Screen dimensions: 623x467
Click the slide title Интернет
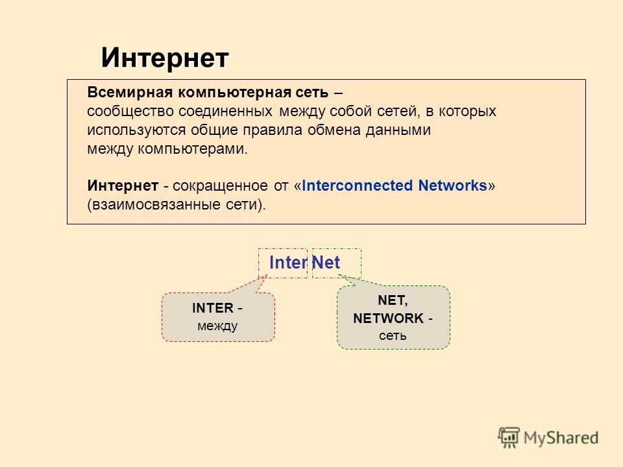165,58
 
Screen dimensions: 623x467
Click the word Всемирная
130,92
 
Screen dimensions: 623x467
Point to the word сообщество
130,111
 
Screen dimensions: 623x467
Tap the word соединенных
225,111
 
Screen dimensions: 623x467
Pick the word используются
136,130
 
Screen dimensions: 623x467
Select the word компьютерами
192,149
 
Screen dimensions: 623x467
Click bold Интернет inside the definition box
123,186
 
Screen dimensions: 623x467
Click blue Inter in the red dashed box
288,263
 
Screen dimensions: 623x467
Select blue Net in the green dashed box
326,263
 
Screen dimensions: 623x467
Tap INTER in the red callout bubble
213,307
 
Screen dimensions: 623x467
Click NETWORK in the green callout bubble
388,318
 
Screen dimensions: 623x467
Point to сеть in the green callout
393,336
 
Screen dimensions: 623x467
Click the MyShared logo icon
509,437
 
